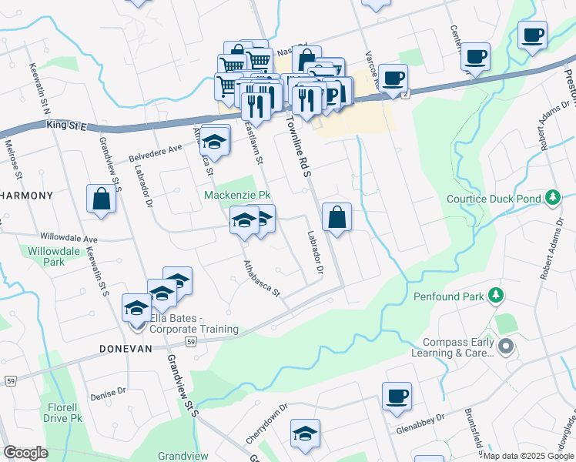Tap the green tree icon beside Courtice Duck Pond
click(x=551, y=199)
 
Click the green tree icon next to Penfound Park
click(x=497, y=295)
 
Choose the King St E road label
click(x=68, y=123)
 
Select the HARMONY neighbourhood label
click(x=26, y=196)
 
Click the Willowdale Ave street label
click(x=70, y=239)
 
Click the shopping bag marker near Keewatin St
click(x=101, y=199)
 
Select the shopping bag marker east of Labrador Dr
click(x=337, y=216)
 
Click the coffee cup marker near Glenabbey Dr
click(x=397, y=396)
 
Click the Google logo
click(x=25, y=453)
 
